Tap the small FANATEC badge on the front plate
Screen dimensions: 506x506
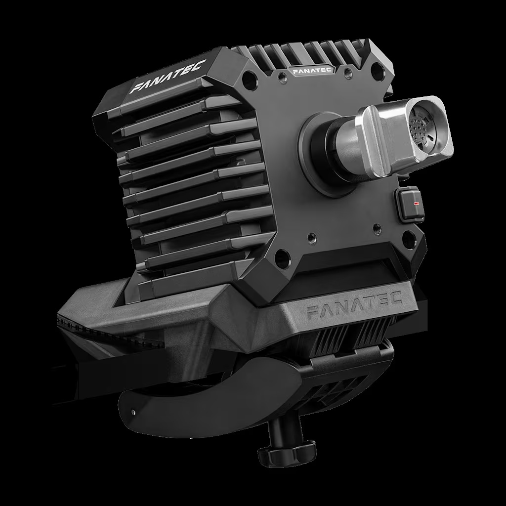(312, 71)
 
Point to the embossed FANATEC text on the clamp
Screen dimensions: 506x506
(354, 304)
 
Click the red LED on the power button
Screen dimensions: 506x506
(416, 204)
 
